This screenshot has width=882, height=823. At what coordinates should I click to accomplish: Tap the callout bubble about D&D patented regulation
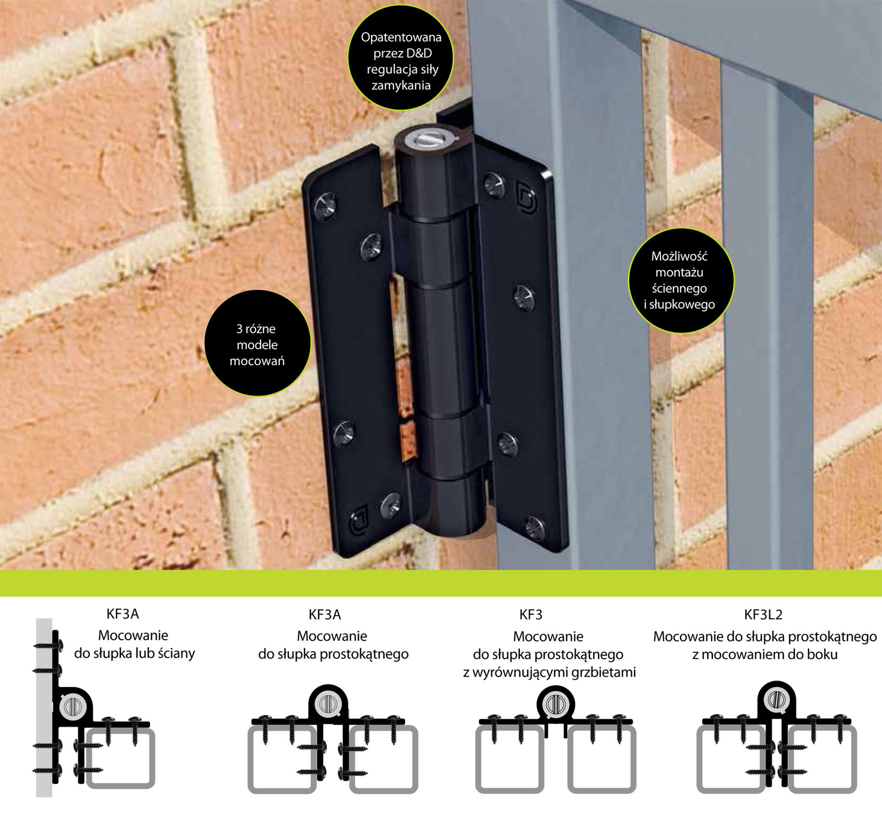[401, 58]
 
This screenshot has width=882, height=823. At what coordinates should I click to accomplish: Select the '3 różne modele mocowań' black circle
[257, 343]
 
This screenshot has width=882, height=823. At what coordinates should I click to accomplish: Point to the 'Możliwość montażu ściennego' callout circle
[681, 280]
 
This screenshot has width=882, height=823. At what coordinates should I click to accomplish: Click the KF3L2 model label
[763, 615]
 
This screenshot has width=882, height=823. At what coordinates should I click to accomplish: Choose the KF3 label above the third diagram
[531, 615]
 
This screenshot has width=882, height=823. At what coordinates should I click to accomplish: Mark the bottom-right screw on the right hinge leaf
[535, 528]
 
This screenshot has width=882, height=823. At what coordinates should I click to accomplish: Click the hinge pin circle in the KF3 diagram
[556, 704]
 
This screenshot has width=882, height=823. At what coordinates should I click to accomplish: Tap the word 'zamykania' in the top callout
[401, 86]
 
